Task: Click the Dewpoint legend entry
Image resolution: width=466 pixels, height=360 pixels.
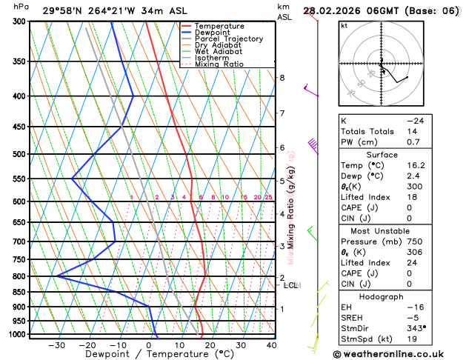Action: (x=215, y=33)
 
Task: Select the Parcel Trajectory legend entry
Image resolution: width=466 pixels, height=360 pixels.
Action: (x=229, y=39)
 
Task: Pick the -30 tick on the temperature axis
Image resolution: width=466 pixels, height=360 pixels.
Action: (x=56, y=345)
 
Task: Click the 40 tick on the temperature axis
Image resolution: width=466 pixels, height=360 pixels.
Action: (x=271, y=345)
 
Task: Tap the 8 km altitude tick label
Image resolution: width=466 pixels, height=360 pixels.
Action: (x=282, y=78)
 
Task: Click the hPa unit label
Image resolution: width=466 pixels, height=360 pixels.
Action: (x=21, y=7)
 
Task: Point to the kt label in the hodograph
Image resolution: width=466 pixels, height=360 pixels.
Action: (x=344, y=25)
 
